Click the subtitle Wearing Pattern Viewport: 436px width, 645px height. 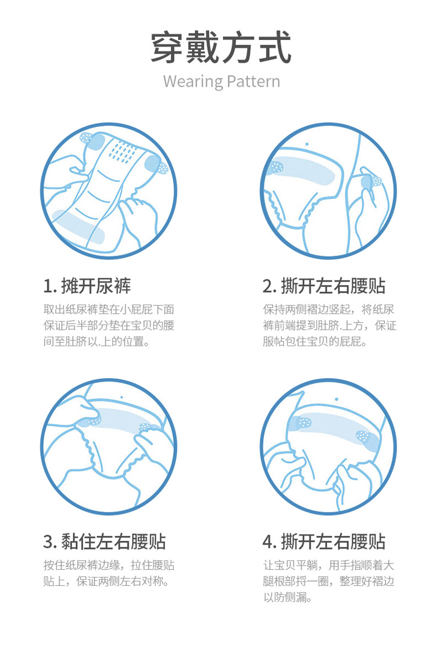click(221, 81)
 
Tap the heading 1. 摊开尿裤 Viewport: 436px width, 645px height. click(87, 286)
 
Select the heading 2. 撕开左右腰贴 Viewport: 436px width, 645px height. click(324, 286)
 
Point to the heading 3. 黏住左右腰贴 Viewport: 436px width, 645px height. click(104, 541)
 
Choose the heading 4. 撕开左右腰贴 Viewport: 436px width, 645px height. click(324, 541)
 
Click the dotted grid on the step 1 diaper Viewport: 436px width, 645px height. click(123, 151)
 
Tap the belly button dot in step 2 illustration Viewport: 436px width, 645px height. click(307, 144)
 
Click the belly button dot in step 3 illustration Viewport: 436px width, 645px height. click(121, 398)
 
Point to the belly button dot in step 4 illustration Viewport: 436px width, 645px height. click(337, 399)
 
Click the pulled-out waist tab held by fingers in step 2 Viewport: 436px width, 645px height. click(371, 182)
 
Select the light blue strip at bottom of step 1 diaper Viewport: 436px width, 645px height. click(78, 226)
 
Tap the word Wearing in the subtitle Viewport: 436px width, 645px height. click(192, 81)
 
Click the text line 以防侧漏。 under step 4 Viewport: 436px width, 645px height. click(287, 598)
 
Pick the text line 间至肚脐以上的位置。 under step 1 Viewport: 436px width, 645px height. click(97, 341)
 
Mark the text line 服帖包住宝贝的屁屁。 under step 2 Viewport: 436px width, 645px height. click(315, 341)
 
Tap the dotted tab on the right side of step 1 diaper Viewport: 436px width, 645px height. click(157, 165)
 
